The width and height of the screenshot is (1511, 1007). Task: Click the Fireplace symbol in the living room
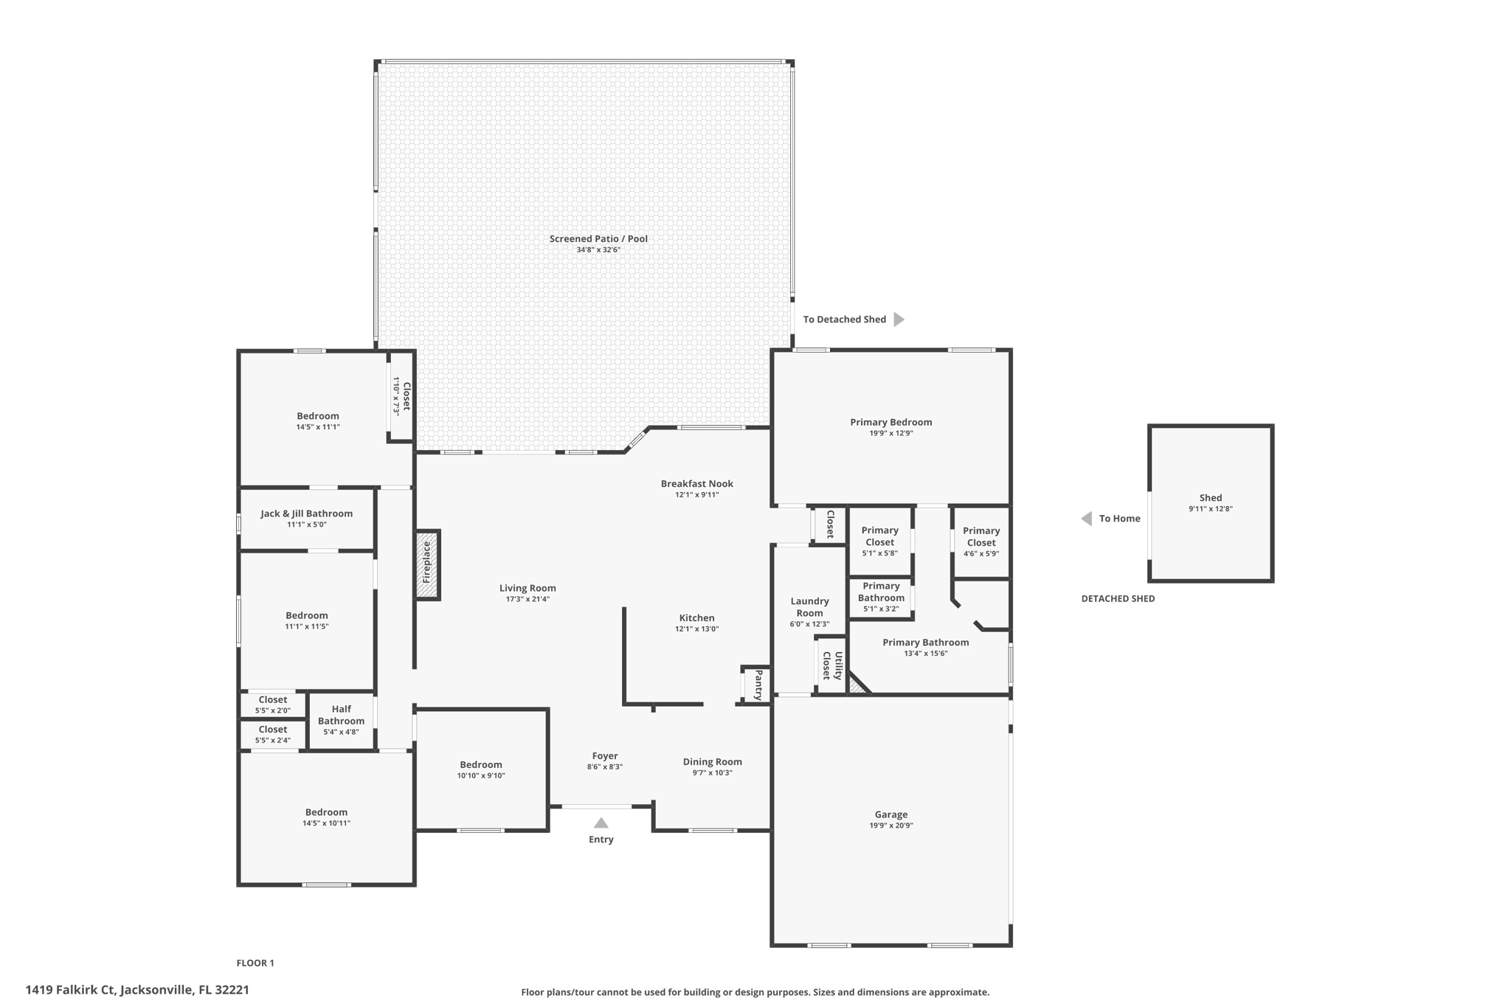click(426, 564)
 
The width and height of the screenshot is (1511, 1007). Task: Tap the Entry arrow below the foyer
click(601, 823)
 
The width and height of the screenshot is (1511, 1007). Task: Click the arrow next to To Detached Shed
click(899, 319)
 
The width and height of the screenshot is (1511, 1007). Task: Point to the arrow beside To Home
click(1086, 519)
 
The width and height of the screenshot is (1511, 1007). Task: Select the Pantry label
click(758, 685)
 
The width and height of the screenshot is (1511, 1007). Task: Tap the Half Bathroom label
click(341, 715)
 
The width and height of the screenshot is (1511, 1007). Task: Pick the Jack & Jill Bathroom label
click(306, 513)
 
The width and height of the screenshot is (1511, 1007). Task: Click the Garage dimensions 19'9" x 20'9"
click(891, 826)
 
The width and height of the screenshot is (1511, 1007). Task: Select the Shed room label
click(1210, 498)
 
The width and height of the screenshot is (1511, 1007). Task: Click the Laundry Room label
click(809, 607)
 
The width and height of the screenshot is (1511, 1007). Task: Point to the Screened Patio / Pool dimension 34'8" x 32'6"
click(598, 250)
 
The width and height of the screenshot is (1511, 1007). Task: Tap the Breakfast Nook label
click(696, 484)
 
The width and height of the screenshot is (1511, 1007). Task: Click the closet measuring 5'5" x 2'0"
click(272, 705)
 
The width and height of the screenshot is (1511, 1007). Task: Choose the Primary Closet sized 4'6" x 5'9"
click(981, 541)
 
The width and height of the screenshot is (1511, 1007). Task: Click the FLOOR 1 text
click(255, 963)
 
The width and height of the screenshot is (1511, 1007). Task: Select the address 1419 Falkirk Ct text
click(137, 990)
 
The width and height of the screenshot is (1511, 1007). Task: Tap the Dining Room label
click(712, 762)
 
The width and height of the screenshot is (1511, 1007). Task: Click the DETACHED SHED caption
click(1118, 598)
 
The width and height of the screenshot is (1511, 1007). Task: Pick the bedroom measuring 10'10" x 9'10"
click(481, 769)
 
